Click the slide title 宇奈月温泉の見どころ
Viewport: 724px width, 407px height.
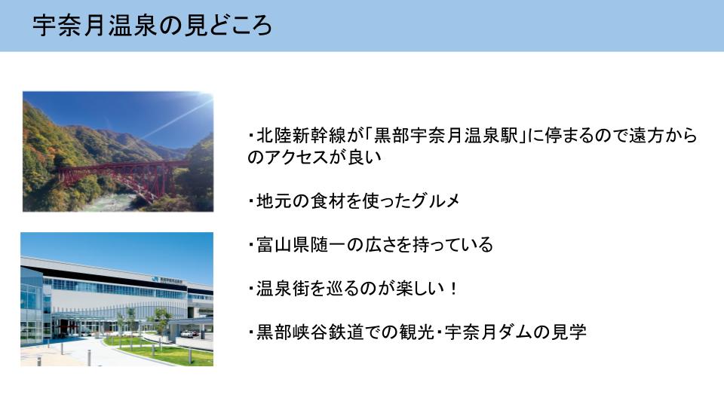pos(152,26)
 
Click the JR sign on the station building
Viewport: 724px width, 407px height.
pos(155,279)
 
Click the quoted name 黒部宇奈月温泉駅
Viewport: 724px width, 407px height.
pos(446,136)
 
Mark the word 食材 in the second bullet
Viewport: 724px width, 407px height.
pos(328,200)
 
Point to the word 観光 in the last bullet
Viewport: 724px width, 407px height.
pos(416,332)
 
